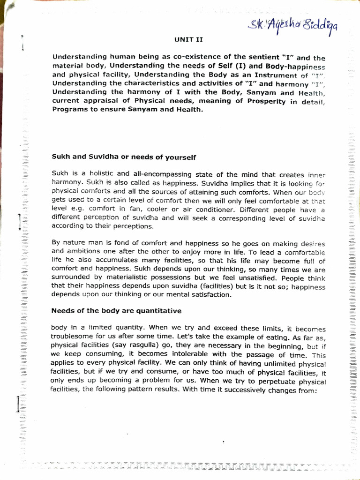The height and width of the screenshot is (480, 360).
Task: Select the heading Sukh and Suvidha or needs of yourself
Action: tap(123, 157)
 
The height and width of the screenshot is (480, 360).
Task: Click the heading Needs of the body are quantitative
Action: tap(116, 310)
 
